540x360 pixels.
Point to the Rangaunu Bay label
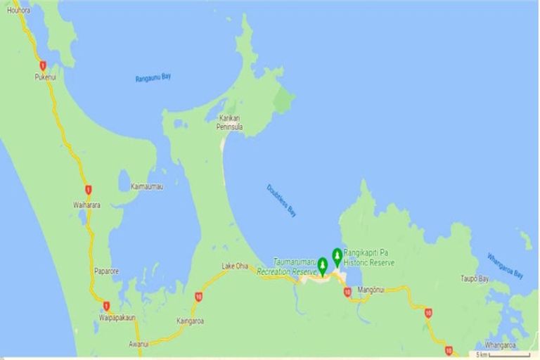[153, 78]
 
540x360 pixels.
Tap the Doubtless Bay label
[281, 200]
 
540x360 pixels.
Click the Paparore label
[108, 271]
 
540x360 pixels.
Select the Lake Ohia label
[235, 265]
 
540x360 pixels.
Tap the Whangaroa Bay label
[506, 265]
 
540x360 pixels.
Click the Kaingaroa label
[190, 321]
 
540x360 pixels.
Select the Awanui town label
[138, 344]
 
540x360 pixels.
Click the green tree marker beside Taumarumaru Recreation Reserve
[323, 265]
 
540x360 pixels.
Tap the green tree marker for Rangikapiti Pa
[337, 255]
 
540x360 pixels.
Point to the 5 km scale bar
[502, 354]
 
